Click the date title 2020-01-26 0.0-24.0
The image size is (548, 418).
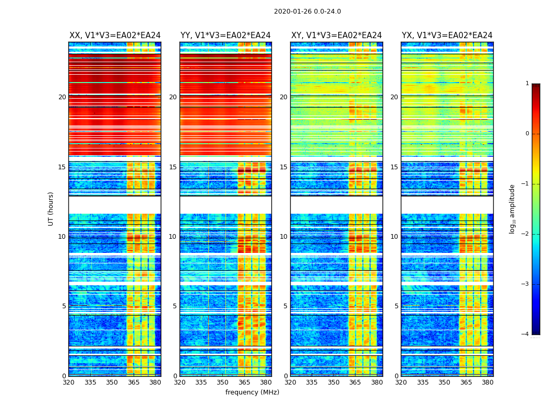click(x=307, y=11)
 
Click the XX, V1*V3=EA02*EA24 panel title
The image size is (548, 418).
click(x=115, y=36)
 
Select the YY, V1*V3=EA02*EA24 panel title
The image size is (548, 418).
click(x=225, y=36)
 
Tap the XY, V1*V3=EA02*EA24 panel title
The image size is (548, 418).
click(x=337, y=36)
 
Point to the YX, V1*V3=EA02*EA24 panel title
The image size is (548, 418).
click(x=447, y=36)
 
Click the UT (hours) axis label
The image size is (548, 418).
click(x=51, y=208)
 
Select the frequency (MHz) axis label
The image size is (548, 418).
click(x=252, y=392)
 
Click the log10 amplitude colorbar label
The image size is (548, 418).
click(x=513, y=208)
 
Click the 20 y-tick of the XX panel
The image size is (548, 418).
click(x=62, y=97)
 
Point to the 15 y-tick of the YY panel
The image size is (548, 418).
click(x=173, y=167)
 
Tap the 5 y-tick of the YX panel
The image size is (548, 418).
click(x=396, y=306)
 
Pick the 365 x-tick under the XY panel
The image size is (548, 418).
click(x=355, y=382)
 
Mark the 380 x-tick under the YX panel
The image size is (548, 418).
click(x=487, y=382)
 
